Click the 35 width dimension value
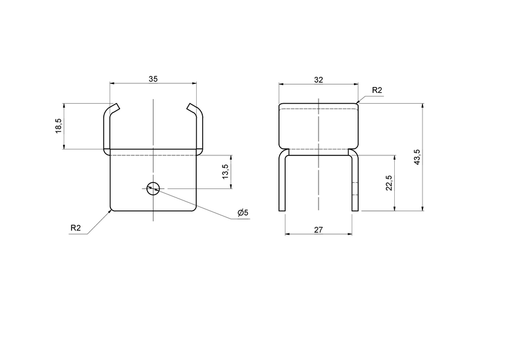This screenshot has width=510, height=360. [x=154, y=78]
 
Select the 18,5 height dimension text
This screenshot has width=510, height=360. [x=59, y=126]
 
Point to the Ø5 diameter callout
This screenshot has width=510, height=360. [x=242, y=213]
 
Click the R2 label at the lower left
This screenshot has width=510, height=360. [x=76, y=227]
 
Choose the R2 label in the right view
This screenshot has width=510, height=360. [x=377, y=90]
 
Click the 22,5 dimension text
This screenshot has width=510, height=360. [x=389, y=183]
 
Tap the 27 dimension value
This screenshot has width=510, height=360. [x=319, y=229]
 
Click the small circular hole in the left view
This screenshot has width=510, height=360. [x=153, y=188]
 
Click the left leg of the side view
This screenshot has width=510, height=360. [x=282, y=183]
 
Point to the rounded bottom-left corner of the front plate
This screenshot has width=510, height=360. [x=112, y=209]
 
